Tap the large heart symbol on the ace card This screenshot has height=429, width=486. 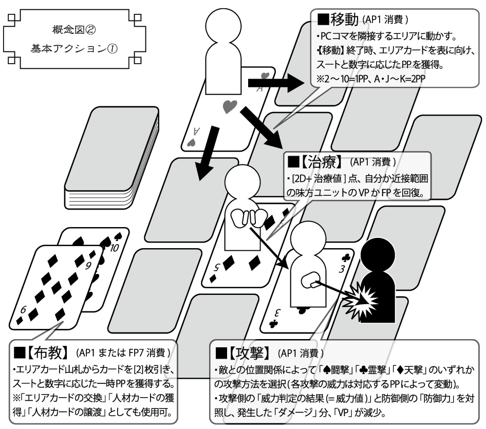click(230, 107)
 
